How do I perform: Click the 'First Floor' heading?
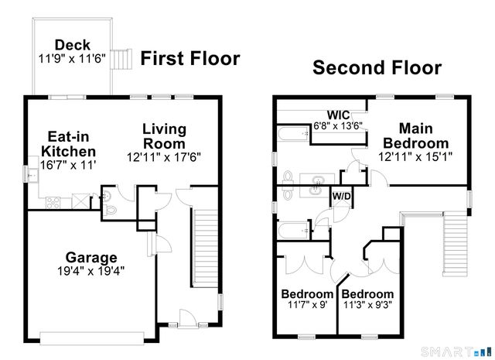pyautogui.click(x=189, y=59)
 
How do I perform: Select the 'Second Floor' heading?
pyautogui.click(x=377, y=67)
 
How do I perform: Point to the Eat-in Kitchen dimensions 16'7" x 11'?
pyautogui.click(x=68, y=165)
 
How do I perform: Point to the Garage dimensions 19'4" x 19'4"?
pyautogui.click(x=91, y=271)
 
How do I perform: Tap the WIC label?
pyautogui.click(x=339, y=114)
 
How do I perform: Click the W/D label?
pyautogui.click(x=341, y=196)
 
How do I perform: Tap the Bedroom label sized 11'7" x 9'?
pyautogui.click(x=306, y=295)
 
